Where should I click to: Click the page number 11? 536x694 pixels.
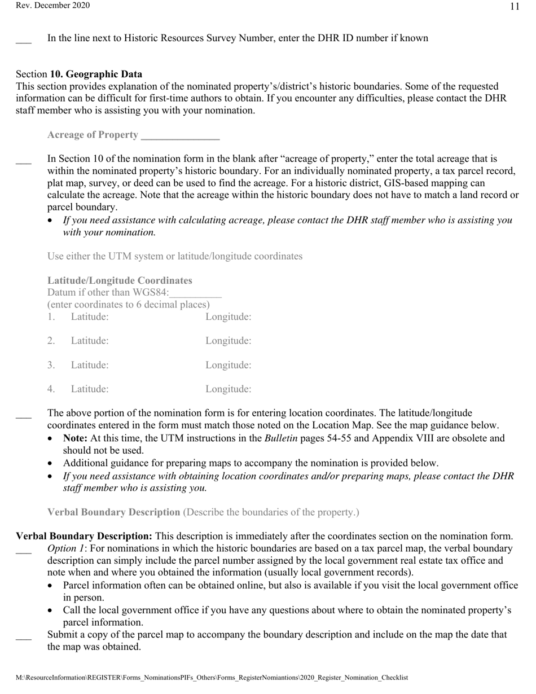(x=514, y=7)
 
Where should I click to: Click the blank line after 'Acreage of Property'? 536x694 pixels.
(x=180, y=135)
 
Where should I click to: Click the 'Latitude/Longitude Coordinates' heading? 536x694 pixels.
(x=120, y=280)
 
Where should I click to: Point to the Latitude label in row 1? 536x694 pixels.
(x=90, y=317)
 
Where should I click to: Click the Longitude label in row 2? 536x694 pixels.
(x=228, y=341)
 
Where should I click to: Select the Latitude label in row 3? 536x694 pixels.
(x=90, y=365)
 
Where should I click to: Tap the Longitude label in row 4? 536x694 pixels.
(x=228, y=389)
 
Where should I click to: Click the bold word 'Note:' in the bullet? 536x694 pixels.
(x=75, y=438)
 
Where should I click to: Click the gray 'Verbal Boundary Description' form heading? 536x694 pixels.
(x=113, y=512)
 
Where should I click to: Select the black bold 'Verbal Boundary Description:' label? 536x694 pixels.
(x=84, y=536)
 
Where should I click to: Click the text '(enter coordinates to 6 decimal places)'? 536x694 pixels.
(x=129, y=305)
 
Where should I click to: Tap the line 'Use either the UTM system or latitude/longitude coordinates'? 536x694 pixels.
(x=175, y=256)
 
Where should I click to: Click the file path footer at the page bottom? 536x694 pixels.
(x=212, y=678)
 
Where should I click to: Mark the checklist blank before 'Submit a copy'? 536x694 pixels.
(x=24, y=638)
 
